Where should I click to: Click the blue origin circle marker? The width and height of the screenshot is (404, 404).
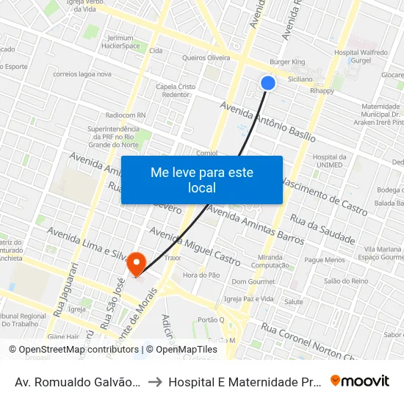[268, 83]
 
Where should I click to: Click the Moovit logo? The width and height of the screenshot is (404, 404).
[359, 381]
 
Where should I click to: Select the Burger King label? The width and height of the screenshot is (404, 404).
[287, 62]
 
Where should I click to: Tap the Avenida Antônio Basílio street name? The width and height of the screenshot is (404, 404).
[268, 122]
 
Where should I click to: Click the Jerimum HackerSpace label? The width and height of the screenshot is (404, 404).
[123, 41]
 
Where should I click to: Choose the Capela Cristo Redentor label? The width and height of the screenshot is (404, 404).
[176, 90]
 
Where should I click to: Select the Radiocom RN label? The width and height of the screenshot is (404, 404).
[126, 115]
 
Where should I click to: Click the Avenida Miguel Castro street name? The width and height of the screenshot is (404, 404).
[195, 246]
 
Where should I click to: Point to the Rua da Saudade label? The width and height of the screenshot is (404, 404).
[322, 229]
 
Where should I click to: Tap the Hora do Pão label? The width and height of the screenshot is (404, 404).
[201, 275]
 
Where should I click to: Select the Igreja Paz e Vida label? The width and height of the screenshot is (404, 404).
[249, 299]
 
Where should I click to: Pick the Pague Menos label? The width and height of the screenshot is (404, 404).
[325, 260]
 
